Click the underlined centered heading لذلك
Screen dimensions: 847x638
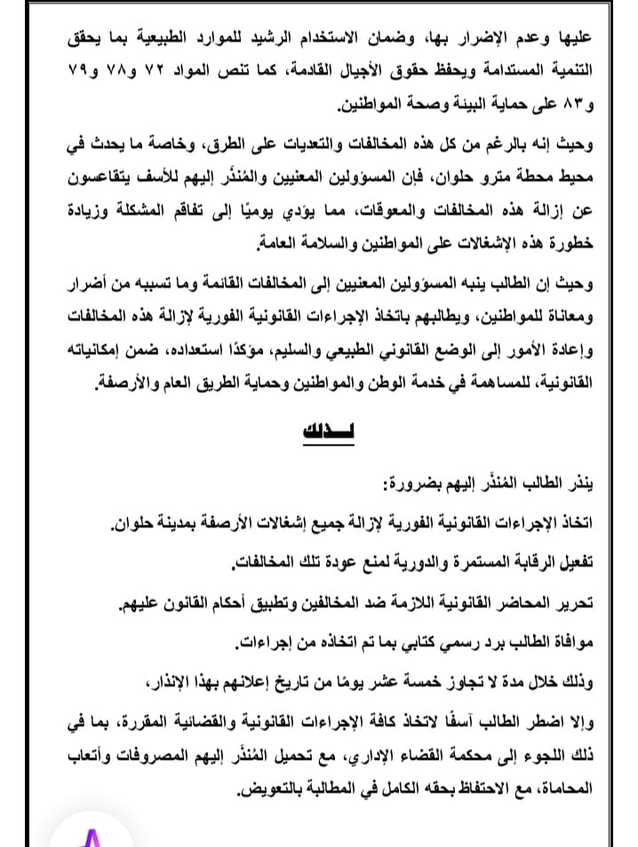[319, 432]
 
